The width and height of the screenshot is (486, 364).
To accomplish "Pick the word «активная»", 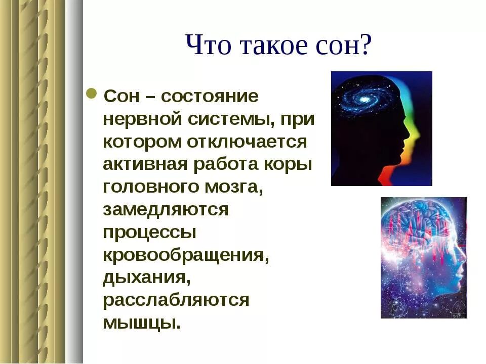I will coord(145,164).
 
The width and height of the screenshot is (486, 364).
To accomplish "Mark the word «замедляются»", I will coord(166,210).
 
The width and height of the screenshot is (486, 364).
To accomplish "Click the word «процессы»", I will coord(150,233).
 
